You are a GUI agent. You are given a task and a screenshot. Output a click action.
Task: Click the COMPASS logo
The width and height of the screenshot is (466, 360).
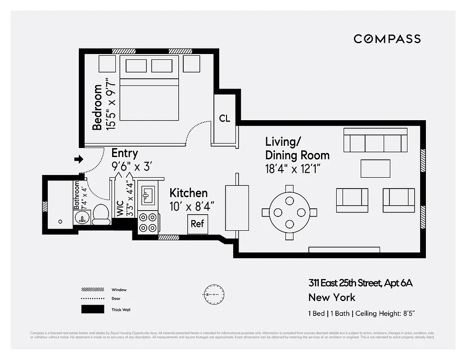387,39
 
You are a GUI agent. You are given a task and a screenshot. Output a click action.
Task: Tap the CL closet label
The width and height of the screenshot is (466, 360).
225,118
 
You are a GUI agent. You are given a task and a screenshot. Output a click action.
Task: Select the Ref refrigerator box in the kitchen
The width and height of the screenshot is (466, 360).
197,224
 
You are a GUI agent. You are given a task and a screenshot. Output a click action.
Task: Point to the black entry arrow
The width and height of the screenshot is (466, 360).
79,159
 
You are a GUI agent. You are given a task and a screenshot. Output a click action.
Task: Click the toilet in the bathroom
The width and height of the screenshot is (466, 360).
101,215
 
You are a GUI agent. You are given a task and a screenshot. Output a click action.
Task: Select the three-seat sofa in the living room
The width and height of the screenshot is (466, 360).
375,140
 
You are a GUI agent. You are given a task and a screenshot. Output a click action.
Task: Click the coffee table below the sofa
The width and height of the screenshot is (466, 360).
375,169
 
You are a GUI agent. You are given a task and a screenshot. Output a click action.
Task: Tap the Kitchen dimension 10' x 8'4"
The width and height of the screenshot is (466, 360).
191,206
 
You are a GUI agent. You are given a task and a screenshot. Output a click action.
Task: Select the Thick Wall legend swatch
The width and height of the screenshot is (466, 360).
92,310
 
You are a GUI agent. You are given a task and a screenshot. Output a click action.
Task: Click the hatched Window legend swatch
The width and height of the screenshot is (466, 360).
92,290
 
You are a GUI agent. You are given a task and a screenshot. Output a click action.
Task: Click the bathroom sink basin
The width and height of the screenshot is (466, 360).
81,218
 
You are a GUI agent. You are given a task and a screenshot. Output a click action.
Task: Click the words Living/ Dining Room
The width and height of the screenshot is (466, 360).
297,148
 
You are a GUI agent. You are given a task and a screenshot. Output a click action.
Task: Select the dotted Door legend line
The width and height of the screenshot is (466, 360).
92,299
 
